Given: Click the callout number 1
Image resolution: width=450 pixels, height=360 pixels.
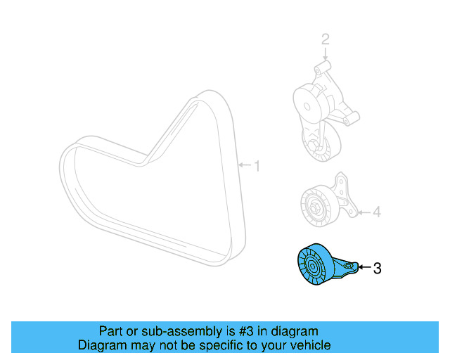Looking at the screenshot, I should tap(257, 166).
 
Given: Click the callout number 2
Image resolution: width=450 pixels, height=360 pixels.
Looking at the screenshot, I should tap(325, 39).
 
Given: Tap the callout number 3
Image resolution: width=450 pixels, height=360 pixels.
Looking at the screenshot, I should tap(377, 268).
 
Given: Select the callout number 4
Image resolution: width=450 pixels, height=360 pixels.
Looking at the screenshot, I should tap(376, 211).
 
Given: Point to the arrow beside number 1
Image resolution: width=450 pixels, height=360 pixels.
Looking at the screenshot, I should tap(245, 166).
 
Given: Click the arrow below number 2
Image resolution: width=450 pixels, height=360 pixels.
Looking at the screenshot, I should tap(325, 55).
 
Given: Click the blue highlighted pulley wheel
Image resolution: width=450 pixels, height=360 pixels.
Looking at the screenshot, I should tap(311, 268).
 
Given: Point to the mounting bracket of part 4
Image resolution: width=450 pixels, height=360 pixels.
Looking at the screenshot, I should tap(344, 198).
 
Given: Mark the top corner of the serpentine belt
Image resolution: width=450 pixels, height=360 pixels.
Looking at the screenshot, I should tap(207, 95).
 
